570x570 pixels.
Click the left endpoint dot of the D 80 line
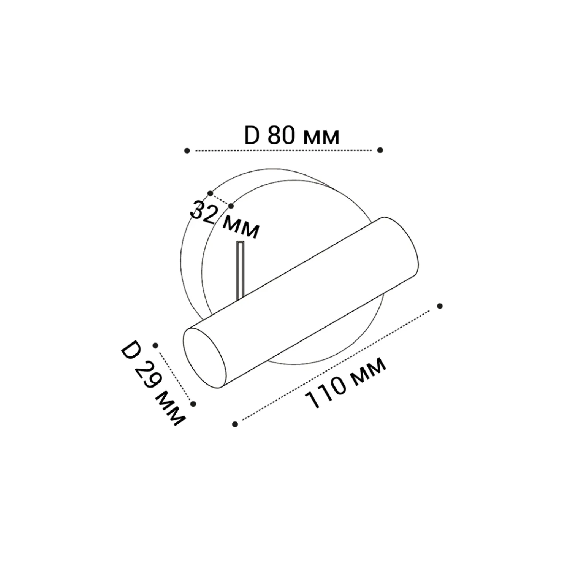tap(187, 151)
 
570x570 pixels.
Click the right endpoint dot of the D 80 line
tap(380, 150)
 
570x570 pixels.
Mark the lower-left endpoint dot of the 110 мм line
tap(235, 424)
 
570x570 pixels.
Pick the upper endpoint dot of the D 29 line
tap(155, 345)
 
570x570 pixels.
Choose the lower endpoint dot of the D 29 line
tap(193, 404)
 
